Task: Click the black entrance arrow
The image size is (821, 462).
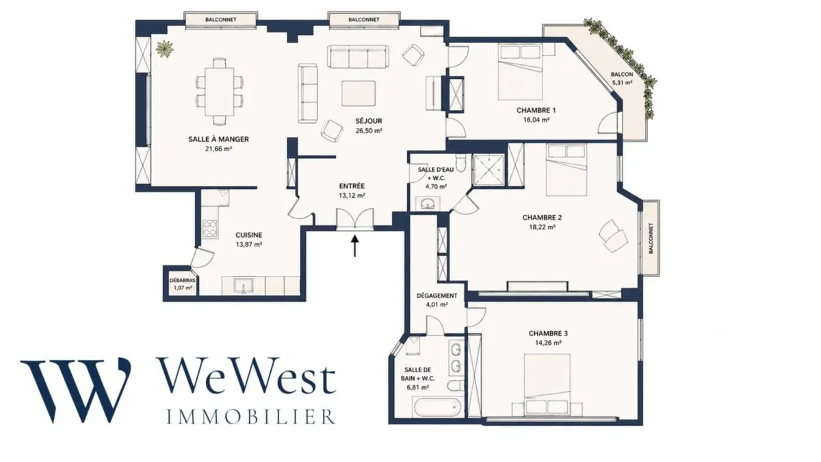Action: [354, 246]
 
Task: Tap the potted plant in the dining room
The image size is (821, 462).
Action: [164, 49]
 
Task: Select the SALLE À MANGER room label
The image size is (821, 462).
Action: [218, 140]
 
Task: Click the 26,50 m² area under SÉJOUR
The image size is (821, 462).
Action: [369, 131]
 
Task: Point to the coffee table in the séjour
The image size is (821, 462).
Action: [359, 94]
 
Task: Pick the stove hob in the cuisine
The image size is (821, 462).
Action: [209, 229]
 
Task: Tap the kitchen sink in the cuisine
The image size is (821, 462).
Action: [243, 285]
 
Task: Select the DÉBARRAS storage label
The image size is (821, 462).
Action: [182, 281]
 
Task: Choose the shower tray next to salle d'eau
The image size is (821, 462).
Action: [488, 170]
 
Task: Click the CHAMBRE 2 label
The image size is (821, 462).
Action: [542, 218]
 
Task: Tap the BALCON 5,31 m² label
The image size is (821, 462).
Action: [622, 79]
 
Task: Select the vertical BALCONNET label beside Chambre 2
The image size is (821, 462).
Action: [651, 238]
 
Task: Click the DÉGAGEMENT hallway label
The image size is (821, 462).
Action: [437, 296]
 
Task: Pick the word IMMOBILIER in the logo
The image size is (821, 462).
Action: [251, 417]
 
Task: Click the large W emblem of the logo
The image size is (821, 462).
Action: [76, 390]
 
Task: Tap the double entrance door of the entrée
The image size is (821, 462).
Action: [355, 219]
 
